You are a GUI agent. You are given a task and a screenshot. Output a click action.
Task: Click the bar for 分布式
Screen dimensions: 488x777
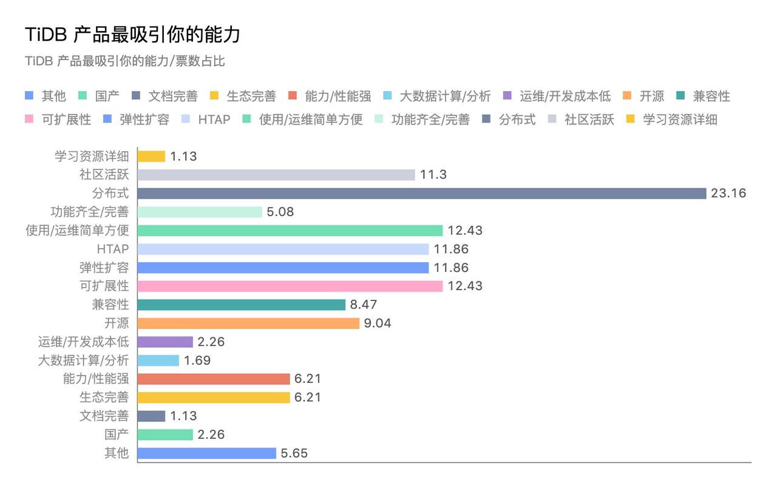coord(422,193)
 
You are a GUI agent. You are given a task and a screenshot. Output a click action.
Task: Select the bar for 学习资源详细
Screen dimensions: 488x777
coord(151,156)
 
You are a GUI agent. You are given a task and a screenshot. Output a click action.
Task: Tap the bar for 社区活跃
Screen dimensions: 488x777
coord(276,175)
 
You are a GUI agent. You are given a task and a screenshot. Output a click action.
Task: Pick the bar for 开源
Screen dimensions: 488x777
coord(248,323)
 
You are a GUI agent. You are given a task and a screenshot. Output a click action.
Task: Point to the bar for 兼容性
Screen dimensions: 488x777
coord(242,305)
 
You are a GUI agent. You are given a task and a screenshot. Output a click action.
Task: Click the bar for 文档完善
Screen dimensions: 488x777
coord(151,416)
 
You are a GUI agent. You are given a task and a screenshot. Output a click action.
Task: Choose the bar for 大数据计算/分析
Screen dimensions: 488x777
coord(158,361)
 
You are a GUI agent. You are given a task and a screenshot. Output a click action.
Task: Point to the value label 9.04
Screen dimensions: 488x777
coord(378,323)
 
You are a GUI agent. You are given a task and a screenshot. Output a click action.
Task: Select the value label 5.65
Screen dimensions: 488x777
coord(294,453)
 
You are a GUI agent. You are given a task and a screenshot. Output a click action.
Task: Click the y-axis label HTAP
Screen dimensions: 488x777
coord(113,249)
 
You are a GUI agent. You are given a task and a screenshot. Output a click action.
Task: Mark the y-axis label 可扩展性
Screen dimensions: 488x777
coord(104,286)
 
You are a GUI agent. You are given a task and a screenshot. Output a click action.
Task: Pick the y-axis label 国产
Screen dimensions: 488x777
coord(117,435)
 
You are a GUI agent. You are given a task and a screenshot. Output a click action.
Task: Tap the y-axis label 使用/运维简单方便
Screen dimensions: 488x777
coord(77,231)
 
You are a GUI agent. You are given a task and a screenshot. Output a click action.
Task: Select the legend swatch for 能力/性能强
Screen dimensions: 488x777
coord(292,96)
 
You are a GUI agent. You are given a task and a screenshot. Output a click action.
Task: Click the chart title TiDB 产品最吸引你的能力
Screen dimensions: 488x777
coord(132,35)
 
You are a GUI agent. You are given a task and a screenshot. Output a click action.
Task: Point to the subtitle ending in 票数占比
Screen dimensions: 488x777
coord(125,61)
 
